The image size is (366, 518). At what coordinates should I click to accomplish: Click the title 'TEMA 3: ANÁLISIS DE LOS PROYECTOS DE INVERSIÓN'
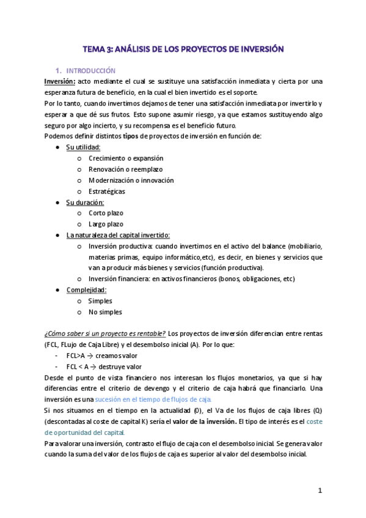183,48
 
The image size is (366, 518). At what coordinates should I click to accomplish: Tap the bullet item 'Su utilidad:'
83,147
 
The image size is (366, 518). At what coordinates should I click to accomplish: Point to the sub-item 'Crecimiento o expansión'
126,158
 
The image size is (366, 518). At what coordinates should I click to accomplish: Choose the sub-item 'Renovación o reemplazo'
125,169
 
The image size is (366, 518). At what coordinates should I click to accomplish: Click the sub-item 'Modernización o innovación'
131,180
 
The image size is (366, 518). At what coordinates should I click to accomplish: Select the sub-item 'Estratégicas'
106,191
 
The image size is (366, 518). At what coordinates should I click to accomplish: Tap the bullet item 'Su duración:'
85,202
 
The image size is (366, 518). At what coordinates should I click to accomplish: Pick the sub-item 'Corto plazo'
105,213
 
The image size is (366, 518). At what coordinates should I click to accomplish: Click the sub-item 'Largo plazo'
105,224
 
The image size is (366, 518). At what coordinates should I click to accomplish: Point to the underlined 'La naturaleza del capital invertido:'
118,235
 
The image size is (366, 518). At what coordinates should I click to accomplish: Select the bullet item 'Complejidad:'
86,290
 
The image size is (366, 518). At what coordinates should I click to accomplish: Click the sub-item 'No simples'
104,312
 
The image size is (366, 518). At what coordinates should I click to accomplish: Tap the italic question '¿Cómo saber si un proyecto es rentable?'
104,334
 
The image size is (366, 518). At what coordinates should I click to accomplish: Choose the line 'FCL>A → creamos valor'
101,356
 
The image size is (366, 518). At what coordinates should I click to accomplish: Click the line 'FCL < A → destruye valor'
104,367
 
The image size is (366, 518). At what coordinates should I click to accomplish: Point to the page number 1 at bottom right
320,491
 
